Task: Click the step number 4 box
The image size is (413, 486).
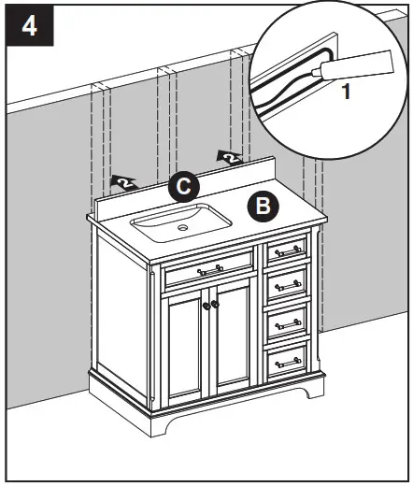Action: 29,25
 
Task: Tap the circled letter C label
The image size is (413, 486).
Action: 185,187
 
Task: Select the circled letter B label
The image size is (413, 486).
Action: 262,204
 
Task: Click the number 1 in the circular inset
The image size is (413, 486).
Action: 345,93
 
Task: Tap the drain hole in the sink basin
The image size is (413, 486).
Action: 184,225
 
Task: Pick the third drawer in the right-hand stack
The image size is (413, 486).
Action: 289,322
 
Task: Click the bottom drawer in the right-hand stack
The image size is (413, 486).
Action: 289,360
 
